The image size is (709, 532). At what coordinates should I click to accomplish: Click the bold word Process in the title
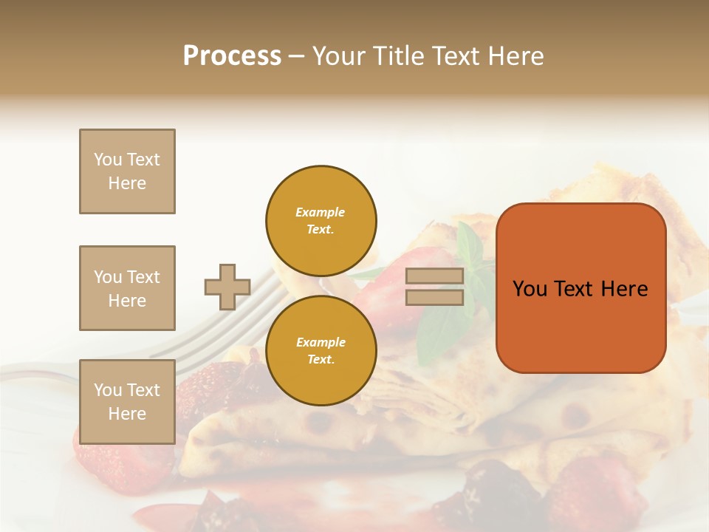pos(232,55)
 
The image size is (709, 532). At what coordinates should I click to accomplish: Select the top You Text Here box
pos(127,171)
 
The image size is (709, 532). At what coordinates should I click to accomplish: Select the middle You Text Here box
pos(127,288)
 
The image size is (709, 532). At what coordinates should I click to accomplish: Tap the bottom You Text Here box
pos(127,402)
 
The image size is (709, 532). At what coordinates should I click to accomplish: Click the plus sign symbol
pos(227,287)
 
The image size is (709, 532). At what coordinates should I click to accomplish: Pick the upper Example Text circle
pos(321,221)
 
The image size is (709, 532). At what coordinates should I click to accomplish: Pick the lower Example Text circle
pos(321,350)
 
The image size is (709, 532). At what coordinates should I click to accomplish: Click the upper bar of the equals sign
pos(435,276)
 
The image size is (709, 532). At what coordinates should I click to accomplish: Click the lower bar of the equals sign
pos(435,298)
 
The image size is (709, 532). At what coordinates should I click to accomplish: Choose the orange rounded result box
pos(580,287)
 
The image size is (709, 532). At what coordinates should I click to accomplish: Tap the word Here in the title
pos(516,55)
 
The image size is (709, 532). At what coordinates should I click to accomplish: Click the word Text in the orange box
pos(574,289)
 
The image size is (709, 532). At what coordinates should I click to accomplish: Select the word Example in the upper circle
pos(320,212)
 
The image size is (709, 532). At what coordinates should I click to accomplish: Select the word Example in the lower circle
pos(321,342)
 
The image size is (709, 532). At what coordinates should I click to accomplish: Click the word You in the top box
pos(106,160)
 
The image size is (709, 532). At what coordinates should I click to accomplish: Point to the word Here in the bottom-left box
pos(127,414)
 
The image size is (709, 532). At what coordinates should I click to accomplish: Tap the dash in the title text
pos(296,56)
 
